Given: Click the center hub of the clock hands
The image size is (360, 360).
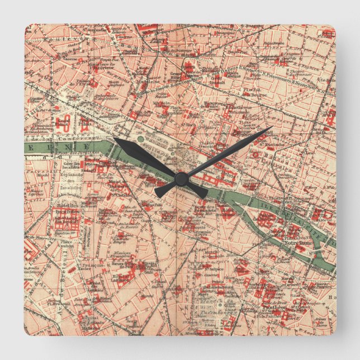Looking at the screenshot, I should click(x=180, y=178).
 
